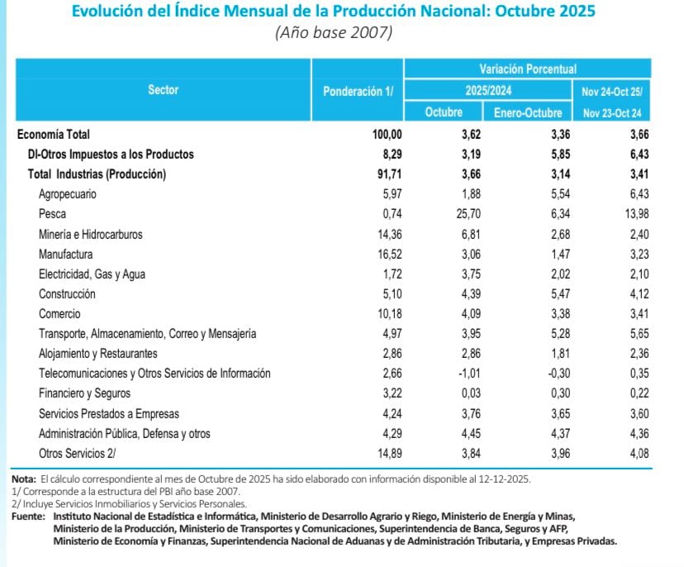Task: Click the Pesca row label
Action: coord(52,214)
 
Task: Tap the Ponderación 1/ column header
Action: coord(358,90)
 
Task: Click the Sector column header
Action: coord(163,90)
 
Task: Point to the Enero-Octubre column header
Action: coord(528,113)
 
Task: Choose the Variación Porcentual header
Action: coord(528,69)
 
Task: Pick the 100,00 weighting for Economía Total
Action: coord(386,135)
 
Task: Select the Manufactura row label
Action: coord(65,254)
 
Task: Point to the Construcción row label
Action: coord(67,293)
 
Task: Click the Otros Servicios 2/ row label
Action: coord(77,453)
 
